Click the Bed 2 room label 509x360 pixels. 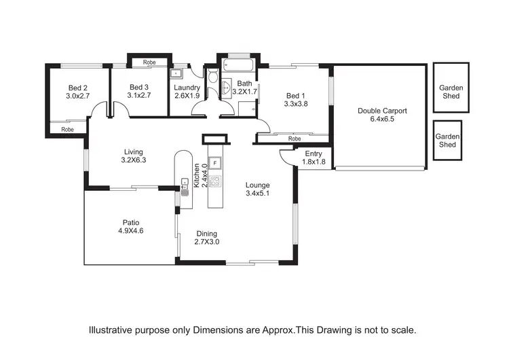(77, 88)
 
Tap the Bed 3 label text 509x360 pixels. (139, 88)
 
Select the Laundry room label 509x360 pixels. (187, 88)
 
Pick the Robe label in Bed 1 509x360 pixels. (294, 139)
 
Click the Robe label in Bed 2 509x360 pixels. (68, 129)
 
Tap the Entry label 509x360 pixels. (314, 154)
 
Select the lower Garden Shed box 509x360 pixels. (447, 141)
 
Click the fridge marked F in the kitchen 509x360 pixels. (215, 164)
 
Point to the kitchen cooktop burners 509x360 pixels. (215, 181)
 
